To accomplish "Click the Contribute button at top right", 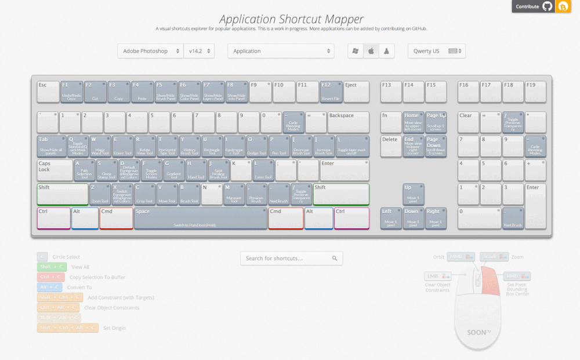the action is (x=532, y=6).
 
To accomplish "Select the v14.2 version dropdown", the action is (x=199, y=51).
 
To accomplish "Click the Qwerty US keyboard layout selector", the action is (x=436, y=51).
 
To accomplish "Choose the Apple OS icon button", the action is (x=371, y=51).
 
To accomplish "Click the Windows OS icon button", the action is (x=356, y=51).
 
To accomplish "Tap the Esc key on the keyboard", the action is (x=48, y=92).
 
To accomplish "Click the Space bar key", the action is (x=200, y=218).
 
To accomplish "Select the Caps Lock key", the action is (x=55, y=170).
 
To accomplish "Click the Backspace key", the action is (x=348, y=122).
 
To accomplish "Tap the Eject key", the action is (x=356, y=92).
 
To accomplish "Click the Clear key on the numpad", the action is (x=468, y=122).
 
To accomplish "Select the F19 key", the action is (x=535, y=92).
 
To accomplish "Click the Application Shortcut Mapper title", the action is (x=291, y=19).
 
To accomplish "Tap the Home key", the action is (x=413, y=122).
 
